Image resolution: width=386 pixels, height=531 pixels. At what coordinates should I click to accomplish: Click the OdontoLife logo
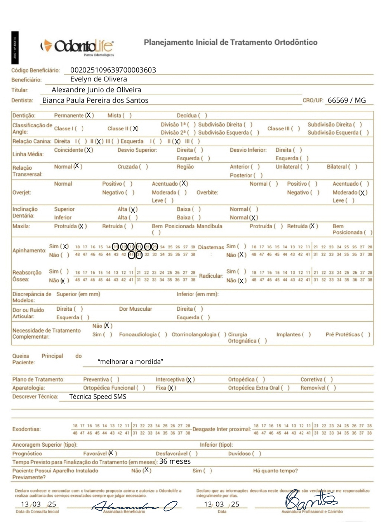point(78,47)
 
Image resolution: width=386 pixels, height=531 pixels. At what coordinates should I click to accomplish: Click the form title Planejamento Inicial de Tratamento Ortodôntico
point(230,42)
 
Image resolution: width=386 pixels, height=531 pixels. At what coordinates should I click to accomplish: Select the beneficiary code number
point(113,70)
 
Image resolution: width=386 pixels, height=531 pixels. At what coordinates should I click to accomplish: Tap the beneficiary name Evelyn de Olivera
point(99,79)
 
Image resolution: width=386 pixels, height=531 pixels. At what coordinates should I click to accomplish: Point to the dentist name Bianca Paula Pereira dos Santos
point(95,100)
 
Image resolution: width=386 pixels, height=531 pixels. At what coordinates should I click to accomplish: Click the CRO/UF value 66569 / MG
point(347,100)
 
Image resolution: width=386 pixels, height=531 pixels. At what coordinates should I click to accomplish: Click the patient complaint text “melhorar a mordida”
point(130,362)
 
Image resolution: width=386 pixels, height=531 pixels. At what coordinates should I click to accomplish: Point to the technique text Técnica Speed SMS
point(98,397)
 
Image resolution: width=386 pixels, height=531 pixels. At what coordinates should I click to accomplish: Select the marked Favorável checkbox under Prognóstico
point(112,454)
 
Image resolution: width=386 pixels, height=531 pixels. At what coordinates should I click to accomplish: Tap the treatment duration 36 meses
point(175,461)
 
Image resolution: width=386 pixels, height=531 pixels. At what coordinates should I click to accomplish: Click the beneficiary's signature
point(134,506)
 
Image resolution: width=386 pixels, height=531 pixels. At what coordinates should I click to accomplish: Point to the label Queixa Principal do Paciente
point(47,359)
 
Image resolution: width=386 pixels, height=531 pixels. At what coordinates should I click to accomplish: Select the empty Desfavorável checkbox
point(193,454)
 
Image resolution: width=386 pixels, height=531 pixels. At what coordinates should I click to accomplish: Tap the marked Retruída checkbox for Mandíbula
point(313,226)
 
